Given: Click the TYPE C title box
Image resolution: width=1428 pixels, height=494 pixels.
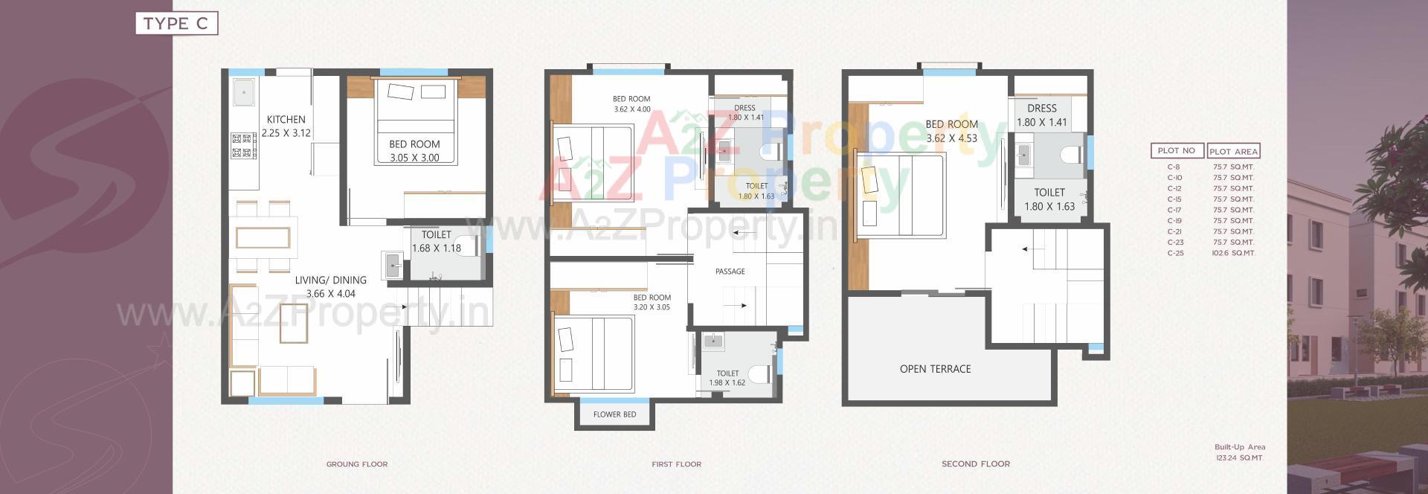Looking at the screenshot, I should click(176, 24).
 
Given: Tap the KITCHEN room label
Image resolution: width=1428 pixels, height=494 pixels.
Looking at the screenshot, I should click(286, 119).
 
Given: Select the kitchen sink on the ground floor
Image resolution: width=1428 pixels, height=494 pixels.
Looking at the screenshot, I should click(243, 93).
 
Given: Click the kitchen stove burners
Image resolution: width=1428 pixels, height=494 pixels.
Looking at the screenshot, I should click(243, 146).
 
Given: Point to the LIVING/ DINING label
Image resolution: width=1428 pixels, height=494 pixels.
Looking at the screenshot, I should click(330, 280).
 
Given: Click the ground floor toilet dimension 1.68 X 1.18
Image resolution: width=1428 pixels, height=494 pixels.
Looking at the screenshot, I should click(437, 248).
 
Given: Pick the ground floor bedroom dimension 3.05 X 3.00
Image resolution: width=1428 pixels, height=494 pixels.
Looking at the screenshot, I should click(414, 158).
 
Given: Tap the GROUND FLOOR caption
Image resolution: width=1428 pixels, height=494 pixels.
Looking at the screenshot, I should click(357, 464).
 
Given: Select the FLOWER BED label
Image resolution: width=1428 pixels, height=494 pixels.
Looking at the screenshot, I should click(614, 414).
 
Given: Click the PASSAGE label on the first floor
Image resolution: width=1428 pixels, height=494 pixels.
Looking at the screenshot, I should click(730, 272).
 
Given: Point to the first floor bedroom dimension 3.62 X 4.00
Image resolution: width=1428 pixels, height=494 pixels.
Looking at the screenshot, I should click(632, 109).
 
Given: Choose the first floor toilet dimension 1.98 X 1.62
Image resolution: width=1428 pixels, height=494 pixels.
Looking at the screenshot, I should click(727, 383).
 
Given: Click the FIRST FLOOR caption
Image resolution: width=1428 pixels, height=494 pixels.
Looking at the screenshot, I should click(676, 464).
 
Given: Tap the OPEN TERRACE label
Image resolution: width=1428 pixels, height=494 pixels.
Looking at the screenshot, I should click(935, 369).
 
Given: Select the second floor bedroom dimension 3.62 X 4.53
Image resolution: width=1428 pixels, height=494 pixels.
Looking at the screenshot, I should click(952, 138).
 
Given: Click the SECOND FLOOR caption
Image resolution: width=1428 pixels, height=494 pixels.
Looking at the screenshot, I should click(976, 464).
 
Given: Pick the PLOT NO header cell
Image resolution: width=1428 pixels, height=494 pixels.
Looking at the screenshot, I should click(1177, 150).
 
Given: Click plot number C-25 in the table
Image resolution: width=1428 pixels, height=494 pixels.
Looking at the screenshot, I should click(1175, 253).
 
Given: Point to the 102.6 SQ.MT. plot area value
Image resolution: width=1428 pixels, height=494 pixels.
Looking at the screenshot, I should click(1233, 253).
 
